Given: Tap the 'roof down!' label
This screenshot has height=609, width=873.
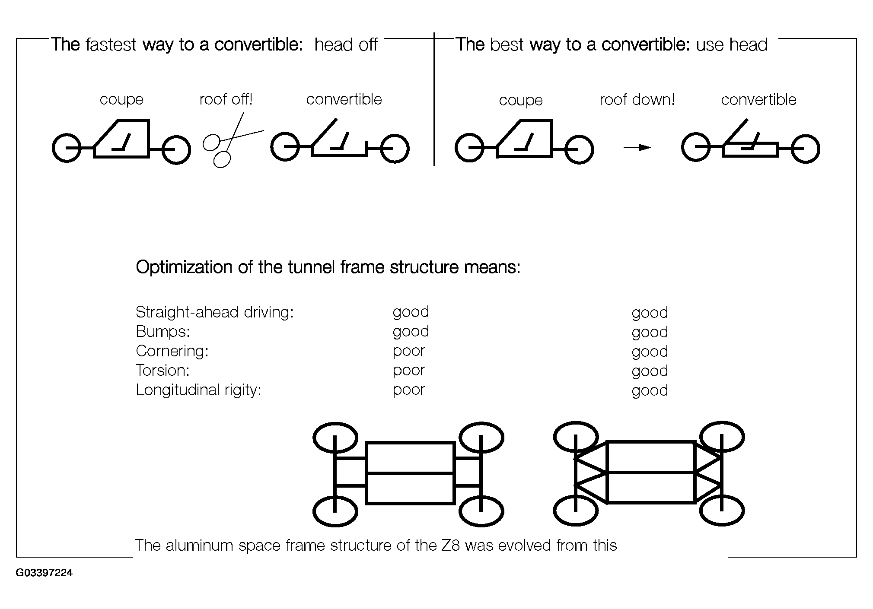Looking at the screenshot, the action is [637, 100].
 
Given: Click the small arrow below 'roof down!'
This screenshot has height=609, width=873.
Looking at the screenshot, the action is [637, 148].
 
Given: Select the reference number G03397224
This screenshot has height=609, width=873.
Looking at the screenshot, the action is [44, 573].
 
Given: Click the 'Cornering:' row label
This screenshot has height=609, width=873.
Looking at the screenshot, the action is [172, 351].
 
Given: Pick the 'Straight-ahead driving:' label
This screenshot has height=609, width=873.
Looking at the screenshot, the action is [215, 312].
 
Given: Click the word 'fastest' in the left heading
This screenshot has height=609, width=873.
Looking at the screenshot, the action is [111, 44].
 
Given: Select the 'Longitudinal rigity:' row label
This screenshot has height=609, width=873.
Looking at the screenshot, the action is [198, 390].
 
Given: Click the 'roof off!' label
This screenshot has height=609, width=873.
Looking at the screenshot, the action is [226, 99].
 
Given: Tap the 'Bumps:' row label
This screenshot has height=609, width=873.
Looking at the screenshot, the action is [163, 332].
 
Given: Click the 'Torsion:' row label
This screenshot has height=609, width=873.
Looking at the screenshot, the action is [163, 371].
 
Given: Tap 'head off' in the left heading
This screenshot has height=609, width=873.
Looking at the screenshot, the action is [346, 44].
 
